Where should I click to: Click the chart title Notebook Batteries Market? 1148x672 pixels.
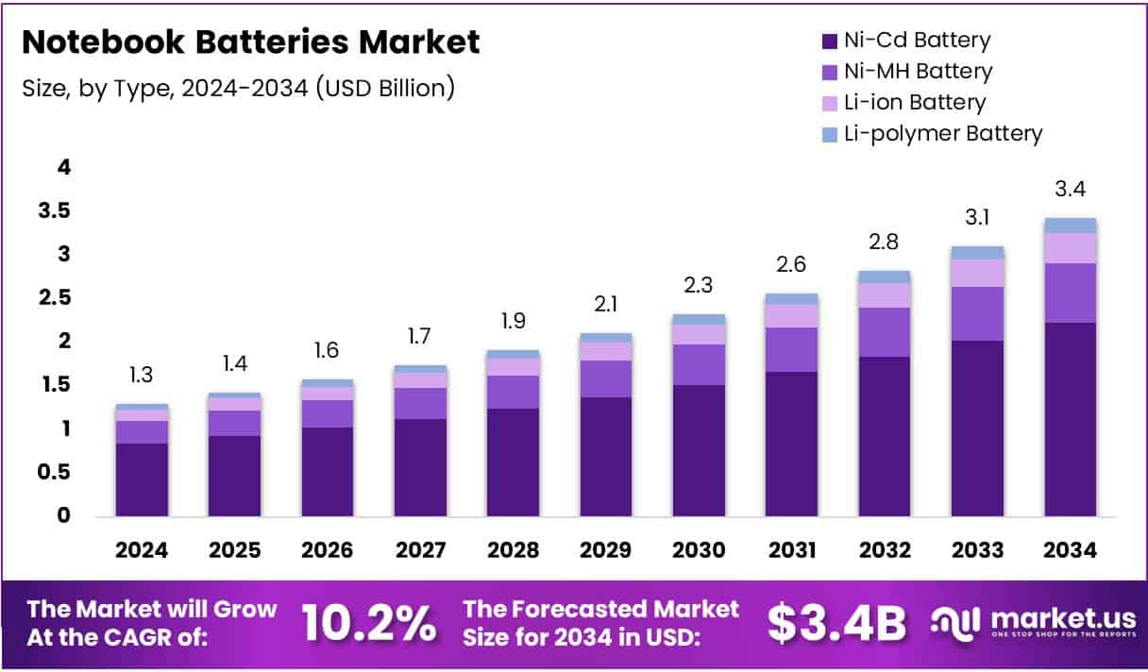pyautogui.click(x=250, y=42)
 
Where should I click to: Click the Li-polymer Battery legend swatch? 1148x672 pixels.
pyautogui.click(x=830, y=134)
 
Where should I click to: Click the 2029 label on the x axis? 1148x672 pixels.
pyautogui.click(x=606, y=549)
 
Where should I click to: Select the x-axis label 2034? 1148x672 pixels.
pyautogui.click(x=1070, y=549)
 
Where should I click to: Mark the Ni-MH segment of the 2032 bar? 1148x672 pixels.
pyautogui.click(x=884, y=332)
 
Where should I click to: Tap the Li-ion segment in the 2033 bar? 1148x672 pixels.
pyautogui.click(x=977, y=273)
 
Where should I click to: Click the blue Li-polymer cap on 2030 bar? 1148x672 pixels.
pyautogui.click(x=699, y=319)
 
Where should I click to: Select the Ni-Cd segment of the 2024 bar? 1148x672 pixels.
pyautogui.click(x=142, y=479)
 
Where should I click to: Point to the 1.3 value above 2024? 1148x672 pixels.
pyautogui.click(x=142, y=376)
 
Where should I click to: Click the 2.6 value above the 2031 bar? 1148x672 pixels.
pyautogui.click(x=791, y=265)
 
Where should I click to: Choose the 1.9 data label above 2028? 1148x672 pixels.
pyautogui.click(x=513, y=321)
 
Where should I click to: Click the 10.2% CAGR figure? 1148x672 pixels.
pyautogui.click(x=369, y=622)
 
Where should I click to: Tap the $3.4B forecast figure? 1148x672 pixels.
pyautogui.click(x=836, y=622)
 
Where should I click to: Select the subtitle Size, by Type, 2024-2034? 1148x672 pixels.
pyautogui.click(x=239, y=88)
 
